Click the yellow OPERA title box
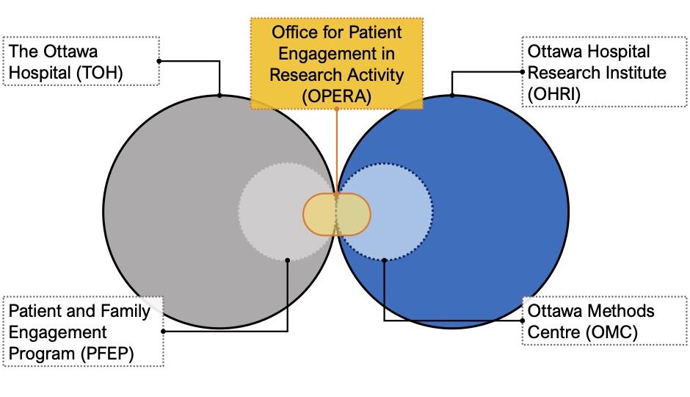[337, 63]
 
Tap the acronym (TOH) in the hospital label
[99, 73]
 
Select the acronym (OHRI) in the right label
[554, 94]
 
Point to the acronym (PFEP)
[107, 354]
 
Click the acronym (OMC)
[611, 332]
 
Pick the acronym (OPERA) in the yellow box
[337, 96]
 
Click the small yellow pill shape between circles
[337, 215]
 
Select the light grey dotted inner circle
[287, 212]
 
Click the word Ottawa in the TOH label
[71, 51]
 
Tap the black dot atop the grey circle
[219, 95]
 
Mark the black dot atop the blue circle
[452, 95]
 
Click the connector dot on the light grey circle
[287, 260]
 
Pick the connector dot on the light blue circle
[384, 260]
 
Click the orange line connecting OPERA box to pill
[337, 151]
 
